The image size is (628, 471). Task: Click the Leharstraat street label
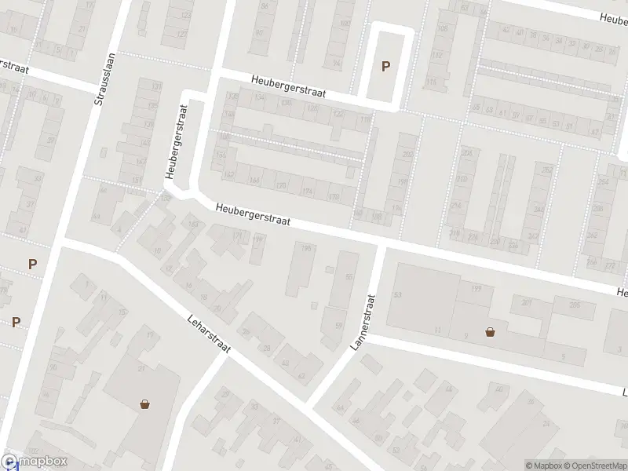coord(208,334)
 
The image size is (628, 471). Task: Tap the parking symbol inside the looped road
coord(385,67)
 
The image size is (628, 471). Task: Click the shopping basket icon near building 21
coord(144,405)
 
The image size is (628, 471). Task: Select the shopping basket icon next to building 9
coord(491,331)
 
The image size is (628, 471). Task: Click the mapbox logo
coord(35,462)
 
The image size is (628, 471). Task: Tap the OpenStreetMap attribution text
coord(593,466)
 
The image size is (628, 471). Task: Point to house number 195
coord(305,248)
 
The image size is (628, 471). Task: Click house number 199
coord(476,290)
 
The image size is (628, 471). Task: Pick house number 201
coord(525,302)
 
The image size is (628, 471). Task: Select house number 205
coord(575,305)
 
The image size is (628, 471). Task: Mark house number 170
coord(280,186)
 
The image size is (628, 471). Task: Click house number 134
coord(259,97)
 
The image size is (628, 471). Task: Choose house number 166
coord(254,180)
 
